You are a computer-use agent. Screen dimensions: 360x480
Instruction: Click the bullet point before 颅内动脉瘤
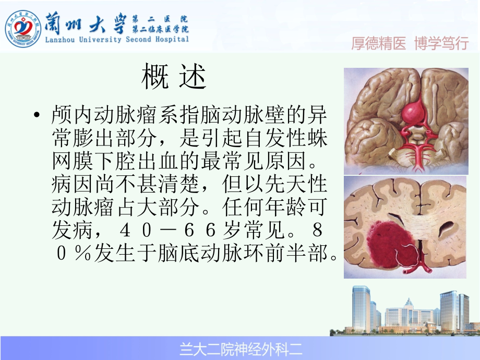click(36, 115)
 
